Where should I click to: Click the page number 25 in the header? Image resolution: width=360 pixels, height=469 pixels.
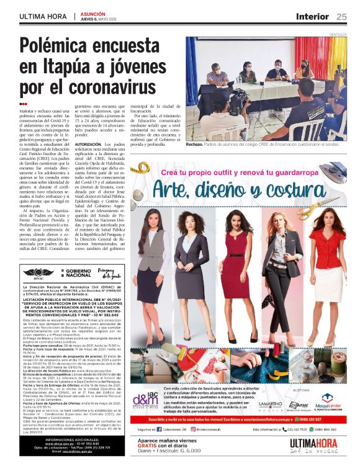click(341, 17)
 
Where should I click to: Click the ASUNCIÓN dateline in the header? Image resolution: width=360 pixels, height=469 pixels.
click(94, 14)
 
